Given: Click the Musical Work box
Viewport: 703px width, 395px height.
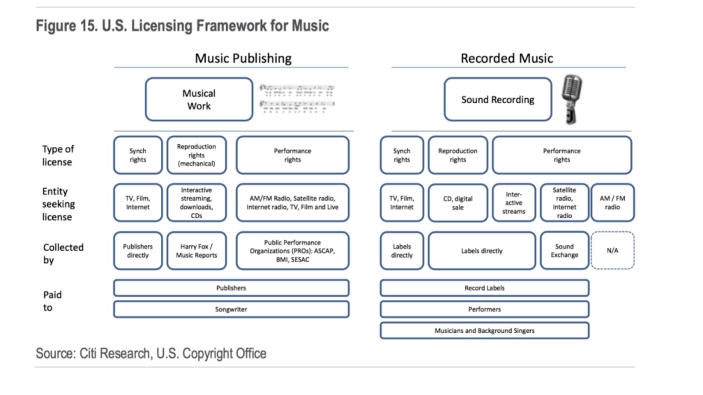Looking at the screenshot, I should tap(199, 100).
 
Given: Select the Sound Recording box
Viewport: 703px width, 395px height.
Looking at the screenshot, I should tap(497, 100).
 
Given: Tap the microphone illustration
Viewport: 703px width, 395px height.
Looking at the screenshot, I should tap(572, 99).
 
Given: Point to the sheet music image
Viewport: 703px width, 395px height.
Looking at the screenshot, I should tap(297, 99).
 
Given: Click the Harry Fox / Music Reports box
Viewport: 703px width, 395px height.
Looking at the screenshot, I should tap(196, 251).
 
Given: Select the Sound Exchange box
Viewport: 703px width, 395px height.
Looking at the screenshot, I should tap(564, 251).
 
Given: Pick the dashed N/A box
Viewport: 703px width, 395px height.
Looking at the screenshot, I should tap(612, 251).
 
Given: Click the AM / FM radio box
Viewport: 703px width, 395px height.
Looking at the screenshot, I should tap(612, 203).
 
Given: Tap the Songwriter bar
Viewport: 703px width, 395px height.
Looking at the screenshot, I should tap(231, 309).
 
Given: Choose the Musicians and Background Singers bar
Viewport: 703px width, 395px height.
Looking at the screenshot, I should tap(484, 331).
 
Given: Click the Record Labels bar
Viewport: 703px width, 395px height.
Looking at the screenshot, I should tap(484, 288).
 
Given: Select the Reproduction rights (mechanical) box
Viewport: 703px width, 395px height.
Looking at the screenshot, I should tap(196, 155).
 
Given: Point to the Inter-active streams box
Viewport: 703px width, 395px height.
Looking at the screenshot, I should tap(514, 203).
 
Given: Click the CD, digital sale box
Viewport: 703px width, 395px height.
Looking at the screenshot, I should tap(457, 203).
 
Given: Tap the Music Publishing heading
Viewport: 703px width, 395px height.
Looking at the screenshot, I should tap(243, 58).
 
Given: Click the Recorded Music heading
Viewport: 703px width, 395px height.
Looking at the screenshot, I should tap(507, 58).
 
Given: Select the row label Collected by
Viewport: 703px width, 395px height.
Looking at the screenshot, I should tap(63, 254).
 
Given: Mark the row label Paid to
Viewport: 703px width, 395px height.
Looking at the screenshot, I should tap(52, 301).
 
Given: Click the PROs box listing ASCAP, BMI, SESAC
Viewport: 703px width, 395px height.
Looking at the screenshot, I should tap(292, 251).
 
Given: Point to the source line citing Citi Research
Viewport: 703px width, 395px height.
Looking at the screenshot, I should tap(151, 354).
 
